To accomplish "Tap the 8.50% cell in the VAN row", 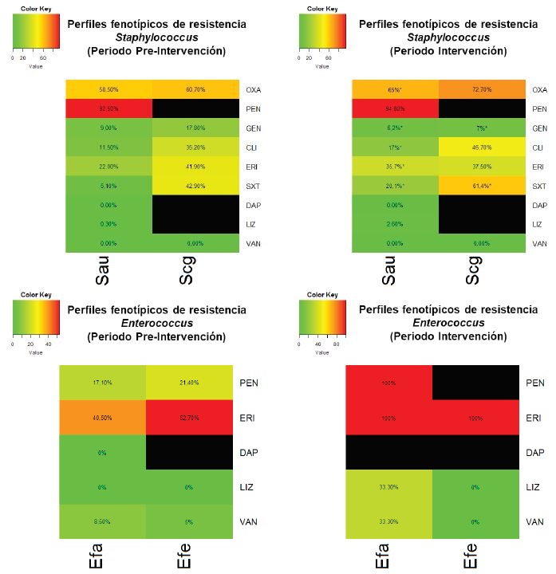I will click(x=104, y=521).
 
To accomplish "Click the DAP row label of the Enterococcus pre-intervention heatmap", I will click(x=250, y=451).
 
